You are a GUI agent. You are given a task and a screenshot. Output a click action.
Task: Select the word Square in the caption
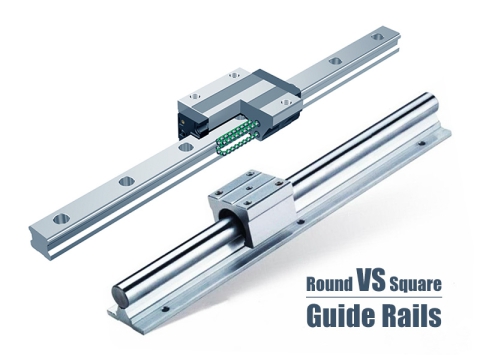(419, 285)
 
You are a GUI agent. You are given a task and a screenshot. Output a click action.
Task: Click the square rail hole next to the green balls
(184, 150)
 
